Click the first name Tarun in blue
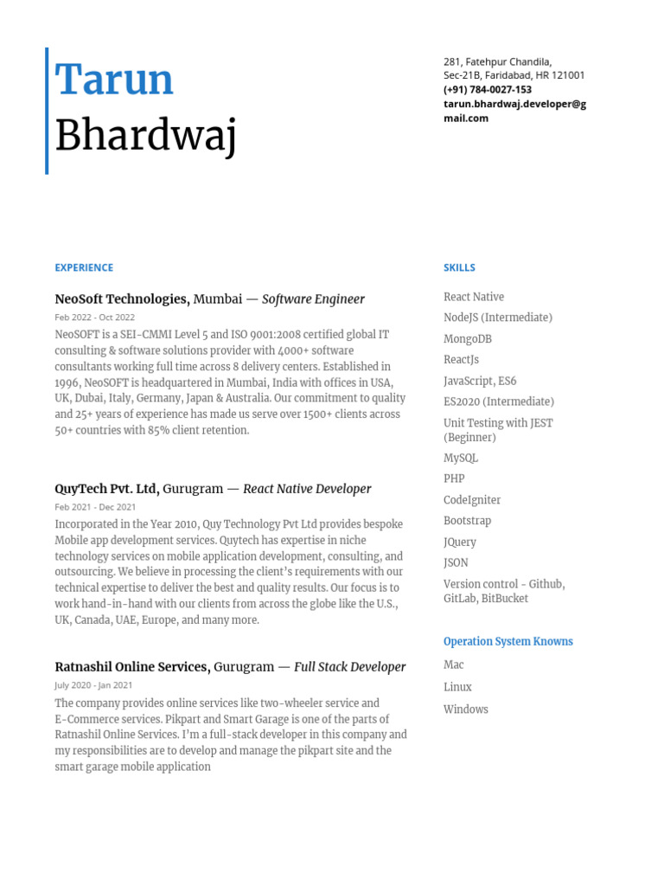pos(114,80)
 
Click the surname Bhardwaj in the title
pos(145,137)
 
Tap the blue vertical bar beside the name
pos(47,111)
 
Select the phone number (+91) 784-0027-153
pos(488,90)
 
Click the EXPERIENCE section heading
pos(84,268)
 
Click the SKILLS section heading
pos(459,268)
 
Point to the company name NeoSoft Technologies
pos(121,299)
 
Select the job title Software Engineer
pos(313,299)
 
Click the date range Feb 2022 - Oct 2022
pos(95,318)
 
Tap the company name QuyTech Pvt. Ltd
pos(106,489)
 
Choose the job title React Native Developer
pos(307,489)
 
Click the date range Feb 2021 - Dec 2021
pos(95,507)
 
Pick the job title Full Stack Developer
pos(349,667)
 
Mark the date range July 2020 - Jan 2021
pos(93,685)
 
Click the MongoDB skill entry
pos(467,339)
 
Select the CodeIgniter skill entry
pos(472,500)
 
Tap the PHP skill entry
pos(454,478)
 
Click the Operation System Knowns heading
pos(508,642)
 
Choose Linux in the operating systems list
pos(457,687)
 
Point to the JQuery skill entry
pos(460,543)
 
